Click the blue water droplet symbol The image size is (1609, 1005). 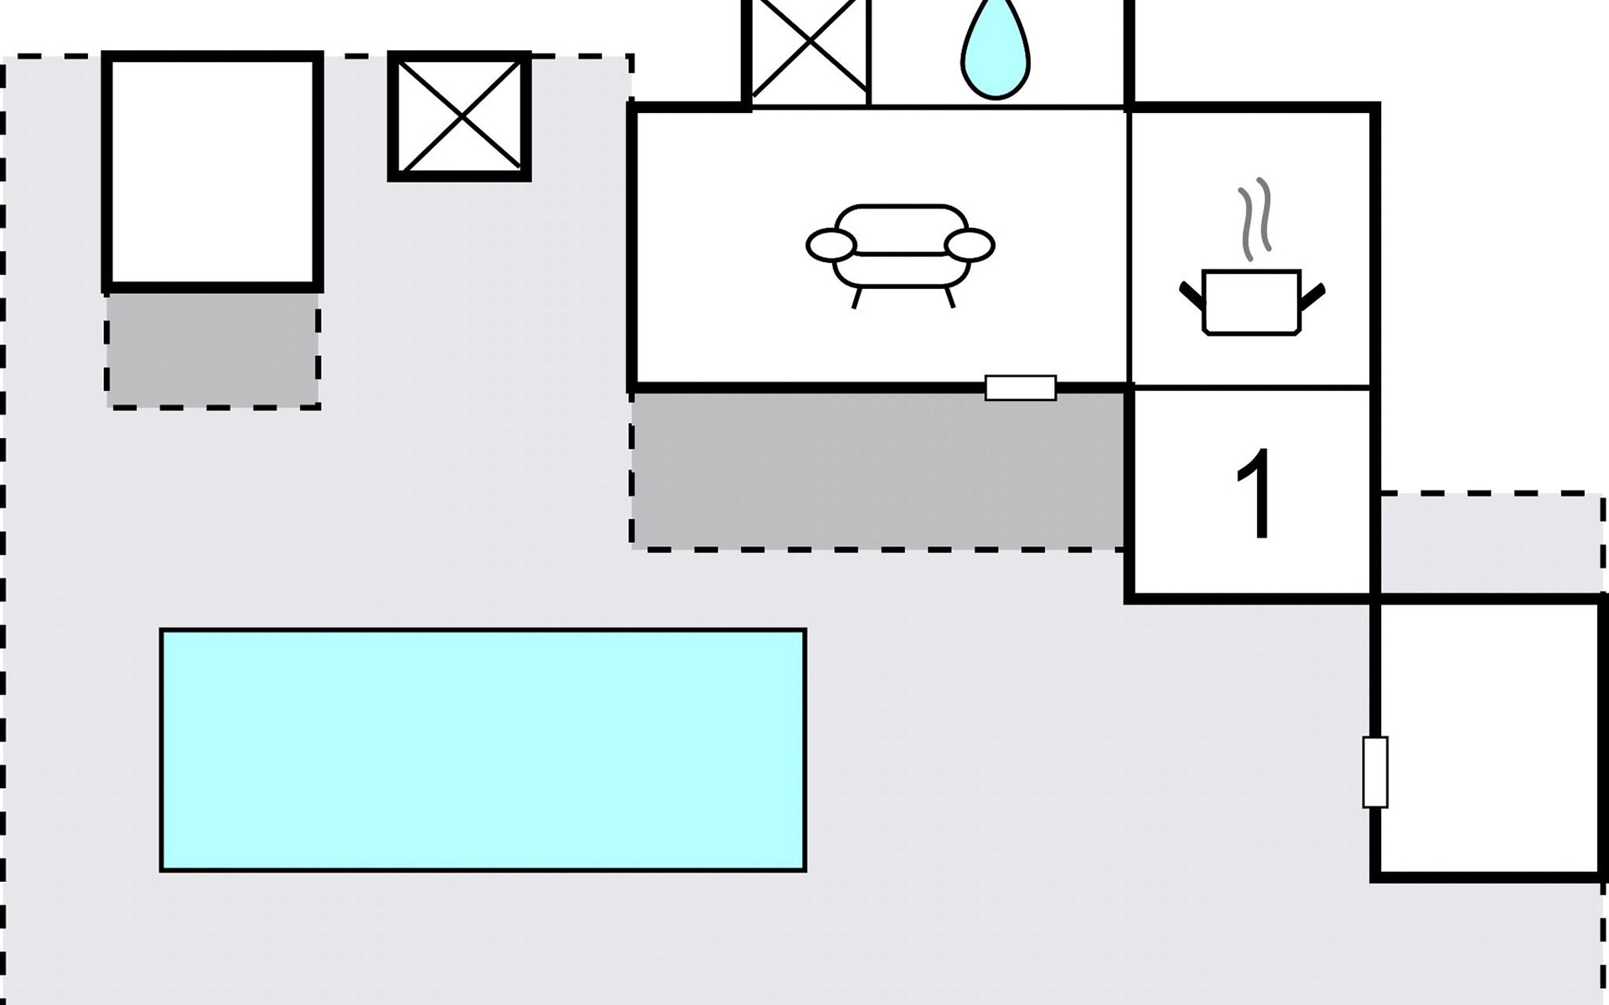tap(996, 52)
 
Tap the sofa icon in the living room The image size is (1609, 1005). tap(901, 248)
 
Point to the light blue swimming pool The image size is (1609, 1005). tap(483, 750)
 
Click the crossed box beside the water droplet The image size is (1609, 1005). tap(807, 50)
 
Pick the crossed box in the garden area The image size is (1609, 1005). tap(459, 116)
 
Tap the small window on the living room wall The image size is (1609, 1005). tap(1020, 388)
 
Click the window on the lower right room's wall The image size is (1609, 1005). tap(1374, 771)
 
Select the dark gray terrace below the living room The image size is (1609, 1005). tap(877, 469)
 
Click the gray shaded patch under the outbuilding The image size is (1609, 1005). tap(213, 350)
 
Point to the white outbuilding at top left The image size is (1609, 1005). tap(213, 172)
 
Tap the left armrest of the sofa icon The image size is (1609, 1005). tap(830, 245)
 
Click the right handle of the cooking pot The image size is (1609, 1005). tap(1312, 296)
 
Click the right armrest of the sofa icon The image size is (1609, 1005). tap(970, 245)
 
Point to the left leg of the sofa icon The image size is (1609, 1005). tap(856, 298)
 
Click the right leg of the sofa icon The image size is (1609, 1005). tap(949, 298)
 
